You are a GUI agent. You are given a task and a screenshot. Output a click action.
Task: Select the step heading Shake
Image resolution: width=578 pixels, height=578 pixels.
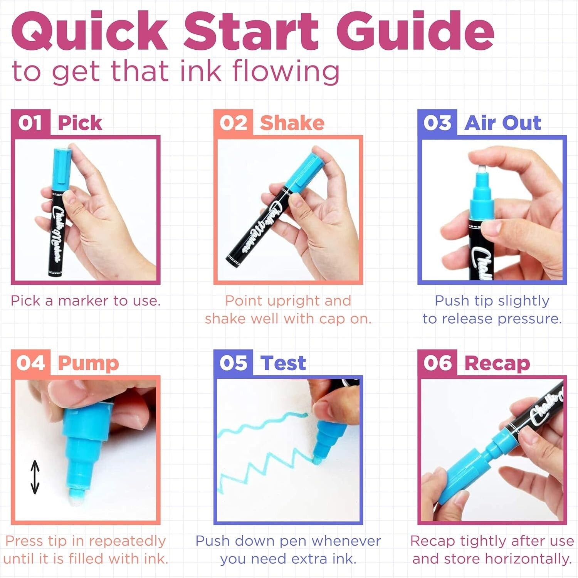[292, 123]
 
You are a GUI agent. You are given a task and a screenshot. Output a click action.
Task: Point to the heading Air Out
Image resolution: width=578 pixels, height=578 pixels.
[502, 123]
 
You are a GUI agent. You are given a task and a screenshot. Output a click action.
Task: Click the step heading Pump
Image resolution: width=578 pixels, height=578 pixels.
[88, 364]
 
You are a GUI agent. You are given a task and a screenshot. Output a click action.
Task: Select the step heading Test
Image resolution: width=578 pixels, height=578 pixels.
[283, 363]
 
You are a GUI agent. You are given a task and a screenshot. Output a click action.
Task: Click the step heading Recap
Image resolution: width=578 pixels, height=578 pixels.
[497, 364]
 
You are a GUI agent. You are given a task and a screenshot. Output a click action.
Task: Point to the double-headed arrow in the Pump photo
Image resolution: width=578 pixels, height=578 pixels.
[35, 477]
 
